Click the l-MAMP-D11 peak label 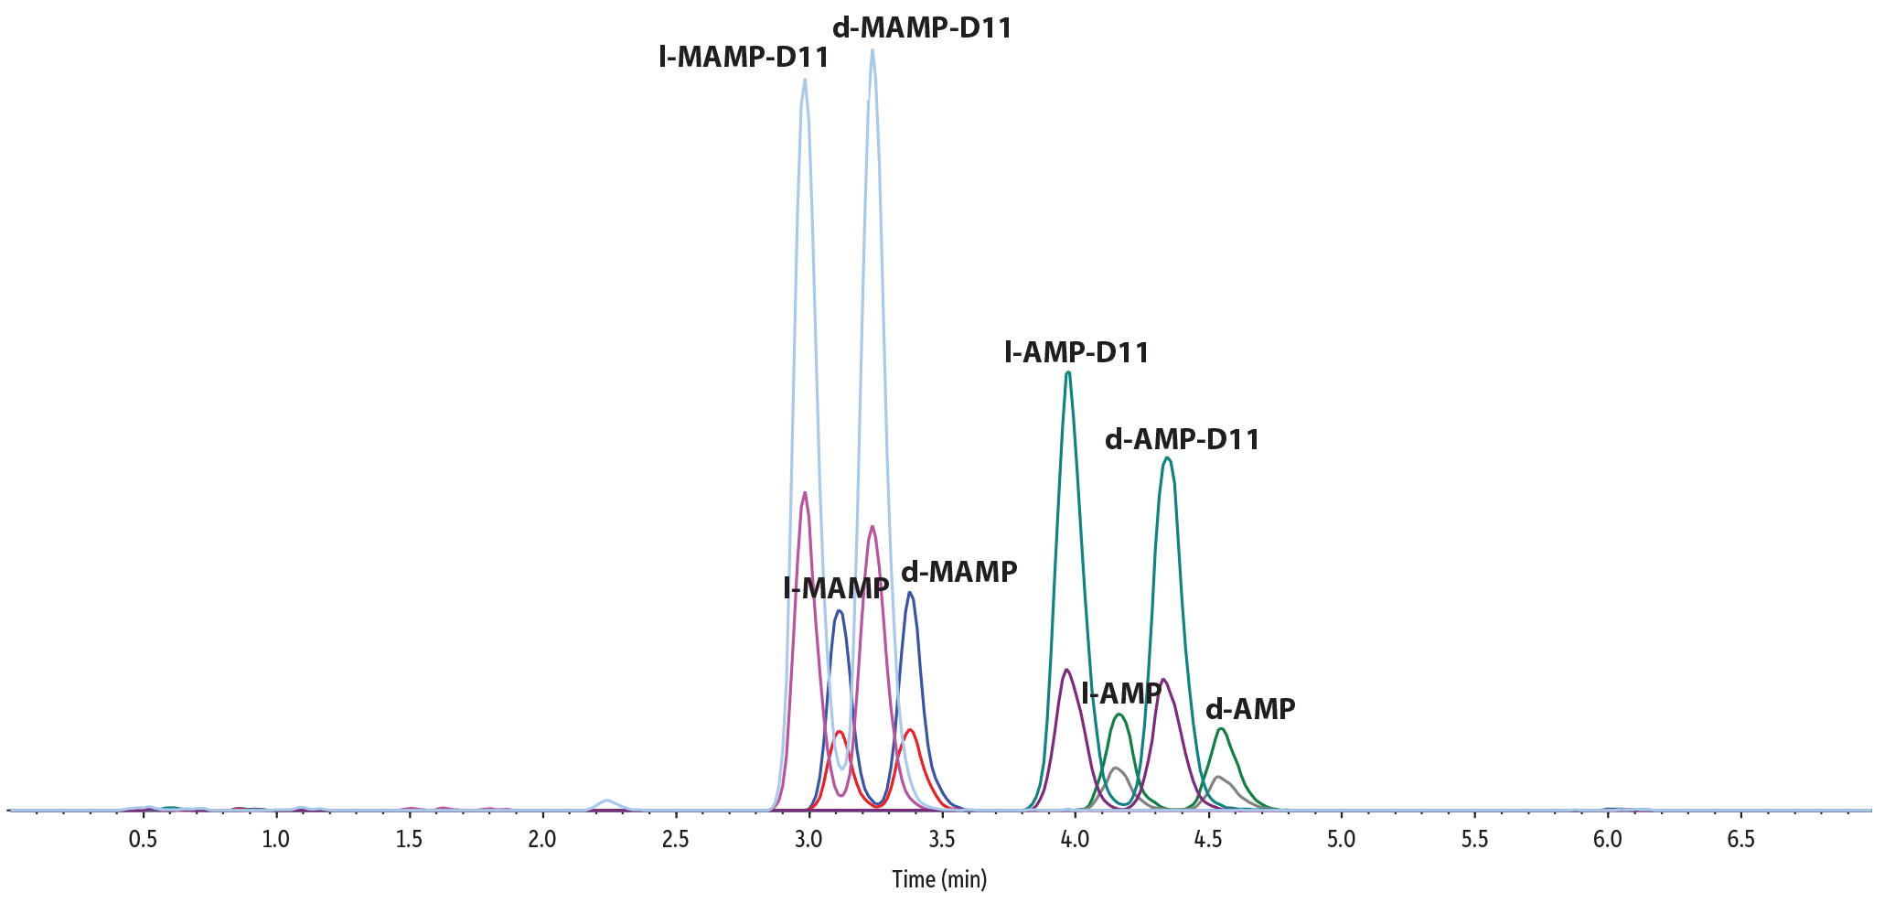(x=744, y=58)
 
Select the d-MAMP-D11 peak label (x=922, y=28)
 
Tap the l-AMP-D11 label (x=1076, y=352)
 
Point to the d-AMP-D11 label (x=1183, y=440)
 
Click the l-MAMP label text (x=836, y=588)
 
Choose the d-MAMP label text (x=958, y=572)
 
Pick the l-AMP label (x=1120, y=693)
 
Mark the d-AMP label (x=1250, y=709)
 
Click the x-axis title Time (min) (x=939, y=880)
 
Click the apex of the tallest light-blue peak (x=873, y=50)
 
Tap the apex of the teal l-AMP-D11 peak (x=1068, y=372)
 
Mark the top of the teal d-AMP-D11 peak (x=1167, y=458)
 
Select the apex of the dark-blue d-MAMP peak (x=910, y=593)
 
